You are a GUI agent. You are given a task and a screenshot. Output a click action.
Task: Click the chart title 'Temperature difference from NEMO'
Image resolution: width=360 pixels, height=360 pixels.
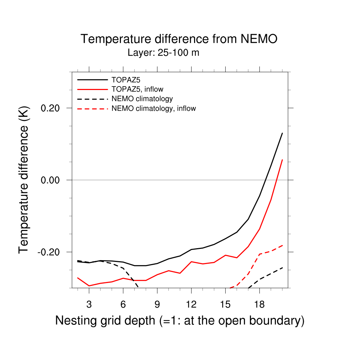click(x=179, y=39)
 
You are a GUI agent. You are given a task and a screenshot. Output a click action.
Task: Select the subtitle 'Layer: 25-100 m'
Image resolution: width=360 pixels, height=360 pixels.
click(x=163, y=53)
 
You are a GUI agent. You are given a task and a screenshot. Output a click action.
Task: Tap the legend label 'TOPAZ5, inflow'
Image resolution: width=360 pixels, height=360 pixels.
click(x=137, y=89)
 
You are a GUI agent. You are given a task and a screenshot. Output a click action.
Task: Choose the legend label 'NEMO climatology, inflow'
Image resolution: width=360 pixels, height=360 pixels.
click(x=153, y=108)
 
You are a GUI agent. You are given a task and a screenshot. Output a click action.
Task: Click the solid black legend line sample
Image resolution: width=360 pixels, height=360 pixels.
click(x=92, y=79)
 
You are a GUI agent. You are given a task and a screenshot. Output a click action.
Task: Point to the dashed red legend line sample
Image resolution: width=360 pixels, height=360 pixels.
click(x=92, y=109)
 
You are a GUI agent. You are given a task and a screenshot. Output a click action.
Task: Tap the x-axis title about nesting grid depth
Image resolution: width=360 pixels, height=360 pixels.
click(x=180, y=321)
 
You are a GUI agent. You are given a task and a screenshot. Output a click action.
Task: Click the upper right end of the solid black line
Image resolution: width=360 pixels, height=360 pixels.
click(x=282, y=133)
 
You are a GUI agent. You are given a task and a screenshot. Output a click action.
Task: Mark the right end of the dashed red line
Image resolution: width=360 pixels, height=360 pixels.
click(x=282, y=245)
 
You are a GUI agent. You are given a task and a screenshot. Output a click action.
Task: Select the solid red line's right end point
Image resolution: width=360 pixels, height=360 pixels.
click(x=282, y=160)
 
